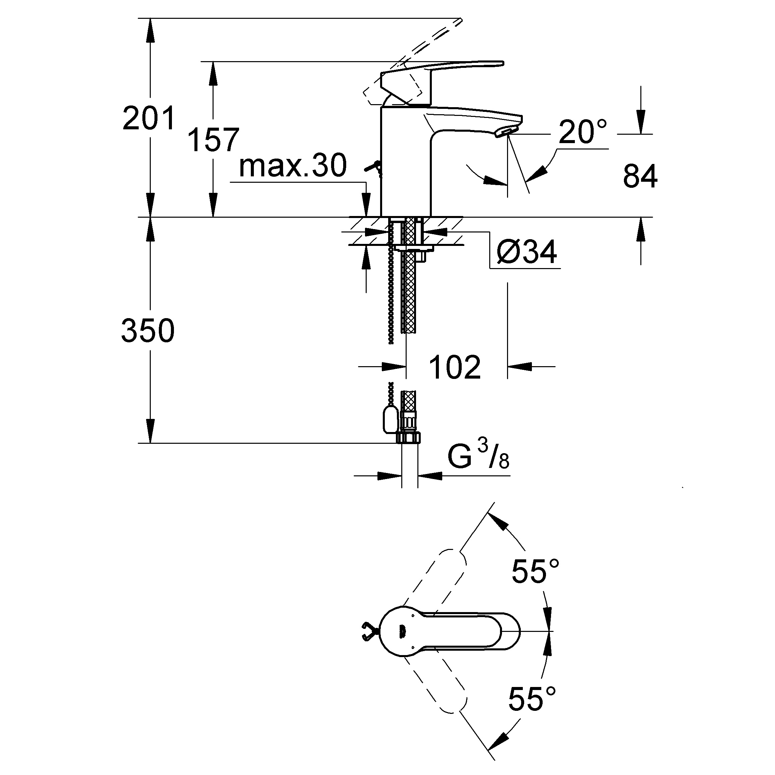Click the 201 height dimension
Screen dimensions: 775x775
(x=149, y=118)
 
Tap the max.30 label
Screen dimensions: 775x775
(x=292, y=165)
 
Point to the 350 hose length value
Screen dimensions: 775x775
(x=148, y=330)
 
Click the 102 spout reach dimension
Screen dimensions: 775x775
(x=455, y=367)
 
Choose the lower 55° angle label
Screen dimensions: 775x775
(x=532, y=698)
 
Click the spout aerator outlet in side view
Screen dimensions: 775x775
(x=506, y=131)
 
